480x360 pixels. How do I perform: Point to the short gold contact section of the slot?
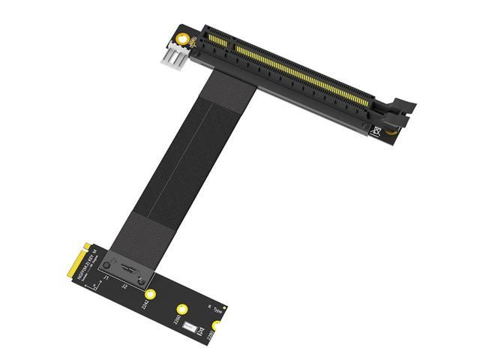tap(217, 37)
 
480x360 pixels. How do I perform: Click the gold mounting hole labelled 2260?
tap(181, 308)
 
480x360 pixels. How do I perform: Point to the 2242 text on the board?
tap(145, 304)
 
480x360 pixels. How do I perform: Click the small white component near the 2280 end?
tap(192, 328)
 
